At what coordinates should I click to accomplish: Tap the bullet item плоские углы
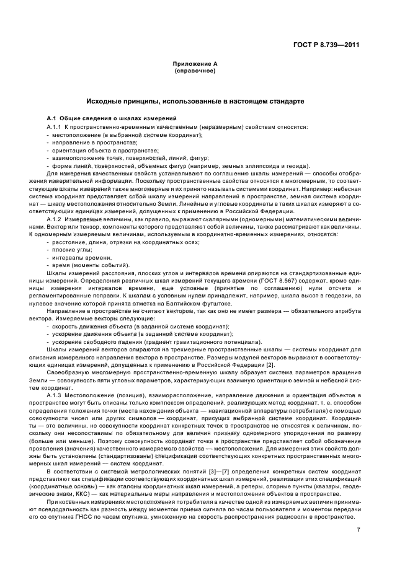71,249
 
